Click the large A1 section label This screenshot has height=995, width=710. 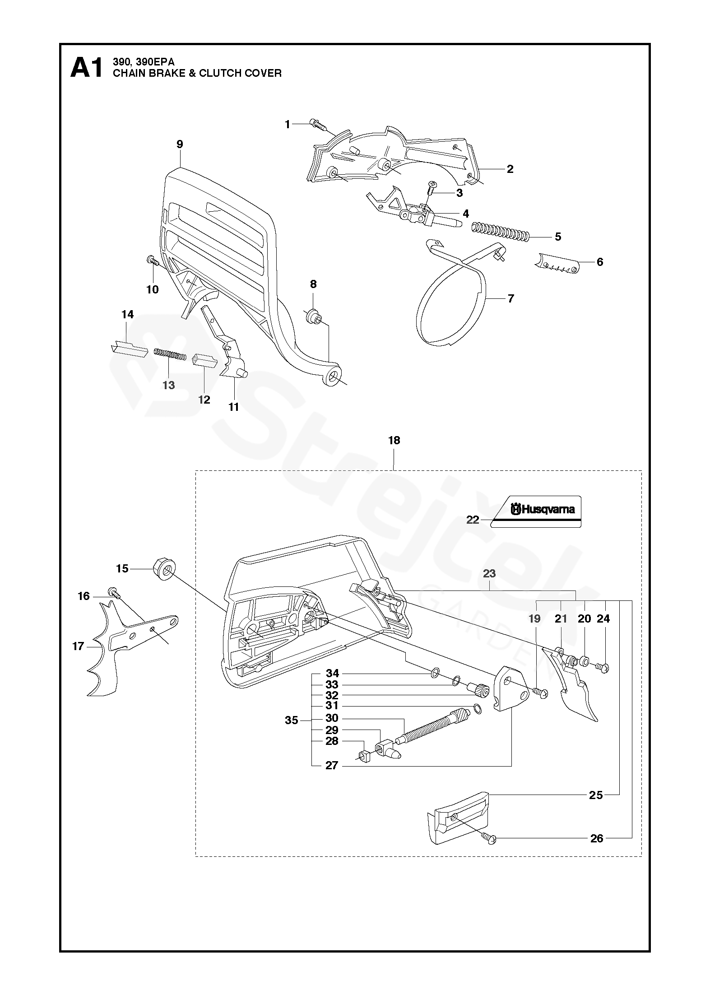(87, 69)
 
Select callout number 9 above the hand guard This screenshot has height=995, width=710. (180, 144)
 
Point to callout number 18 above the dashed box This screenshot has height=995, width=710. (394, 440)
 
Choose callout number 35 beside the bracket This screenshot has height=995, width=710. (292, 721)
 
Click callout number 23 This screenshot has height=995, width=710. (489, 573)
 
